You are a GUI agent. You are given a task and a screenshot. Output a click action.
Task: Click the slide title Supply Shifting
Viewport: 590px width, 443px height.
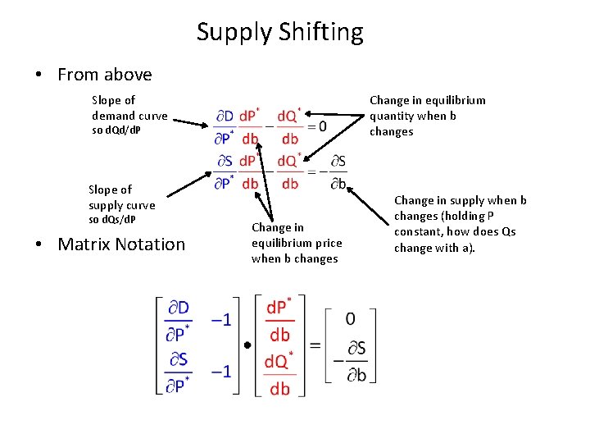[279, 33]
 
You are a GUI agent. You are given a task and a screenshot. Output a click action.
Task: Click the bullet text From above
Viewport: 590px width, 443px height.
[104, 75]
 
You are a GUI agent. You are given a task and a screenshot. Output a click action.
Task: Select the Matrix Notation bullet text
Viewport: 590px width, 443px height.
[121, 244]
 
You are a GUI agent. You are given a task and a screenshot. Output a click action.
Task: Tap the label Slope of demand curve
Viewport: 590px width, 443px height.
[129, 116]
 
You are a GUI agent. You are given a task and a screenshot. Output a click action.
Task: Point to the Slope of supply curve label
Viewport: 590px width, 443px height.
[121, 204]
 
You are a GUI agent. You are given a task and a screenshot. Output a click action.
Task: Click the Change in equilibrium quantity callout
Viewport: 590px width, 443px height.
[427, 116]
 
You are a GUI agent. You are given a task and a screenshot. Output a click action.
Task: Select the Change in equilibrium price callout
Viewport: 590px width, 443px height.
[296, 243]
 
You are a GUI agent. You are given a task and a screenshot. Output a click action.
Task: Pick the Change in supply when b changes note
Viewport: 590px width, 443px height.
[460, 224]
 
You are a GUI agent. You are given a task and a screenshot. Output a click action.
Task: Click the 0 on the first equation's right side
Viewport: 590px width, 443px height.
[322, 126]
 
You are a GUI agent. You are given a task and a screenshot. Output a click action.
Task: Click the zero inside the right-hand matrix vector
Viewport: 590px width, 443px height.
[351, 317]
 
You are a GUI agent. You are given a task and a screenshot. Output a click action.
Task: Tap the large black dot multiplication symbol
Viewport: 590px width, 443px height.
[247, 345]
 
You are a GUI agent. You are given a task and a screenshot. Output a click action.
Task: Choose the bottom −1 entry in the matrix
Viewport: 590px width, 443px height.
[220, 372]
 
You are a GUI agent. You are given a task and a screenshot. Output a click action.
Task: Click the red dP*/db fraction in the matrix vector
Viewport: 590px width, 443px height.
[279, 320]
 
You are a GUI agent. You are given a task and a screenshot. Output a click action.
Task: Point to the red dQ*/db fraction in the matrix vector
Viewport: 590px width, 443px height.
[279, 372]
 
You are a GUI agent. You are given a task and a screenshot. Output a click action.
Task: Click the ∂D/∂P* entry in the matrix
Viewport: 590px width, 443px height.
[178, 320]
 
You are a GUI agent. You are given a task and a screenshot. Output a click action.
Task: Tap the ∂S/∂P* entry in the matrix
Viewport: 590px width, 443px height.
[178, 372]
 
